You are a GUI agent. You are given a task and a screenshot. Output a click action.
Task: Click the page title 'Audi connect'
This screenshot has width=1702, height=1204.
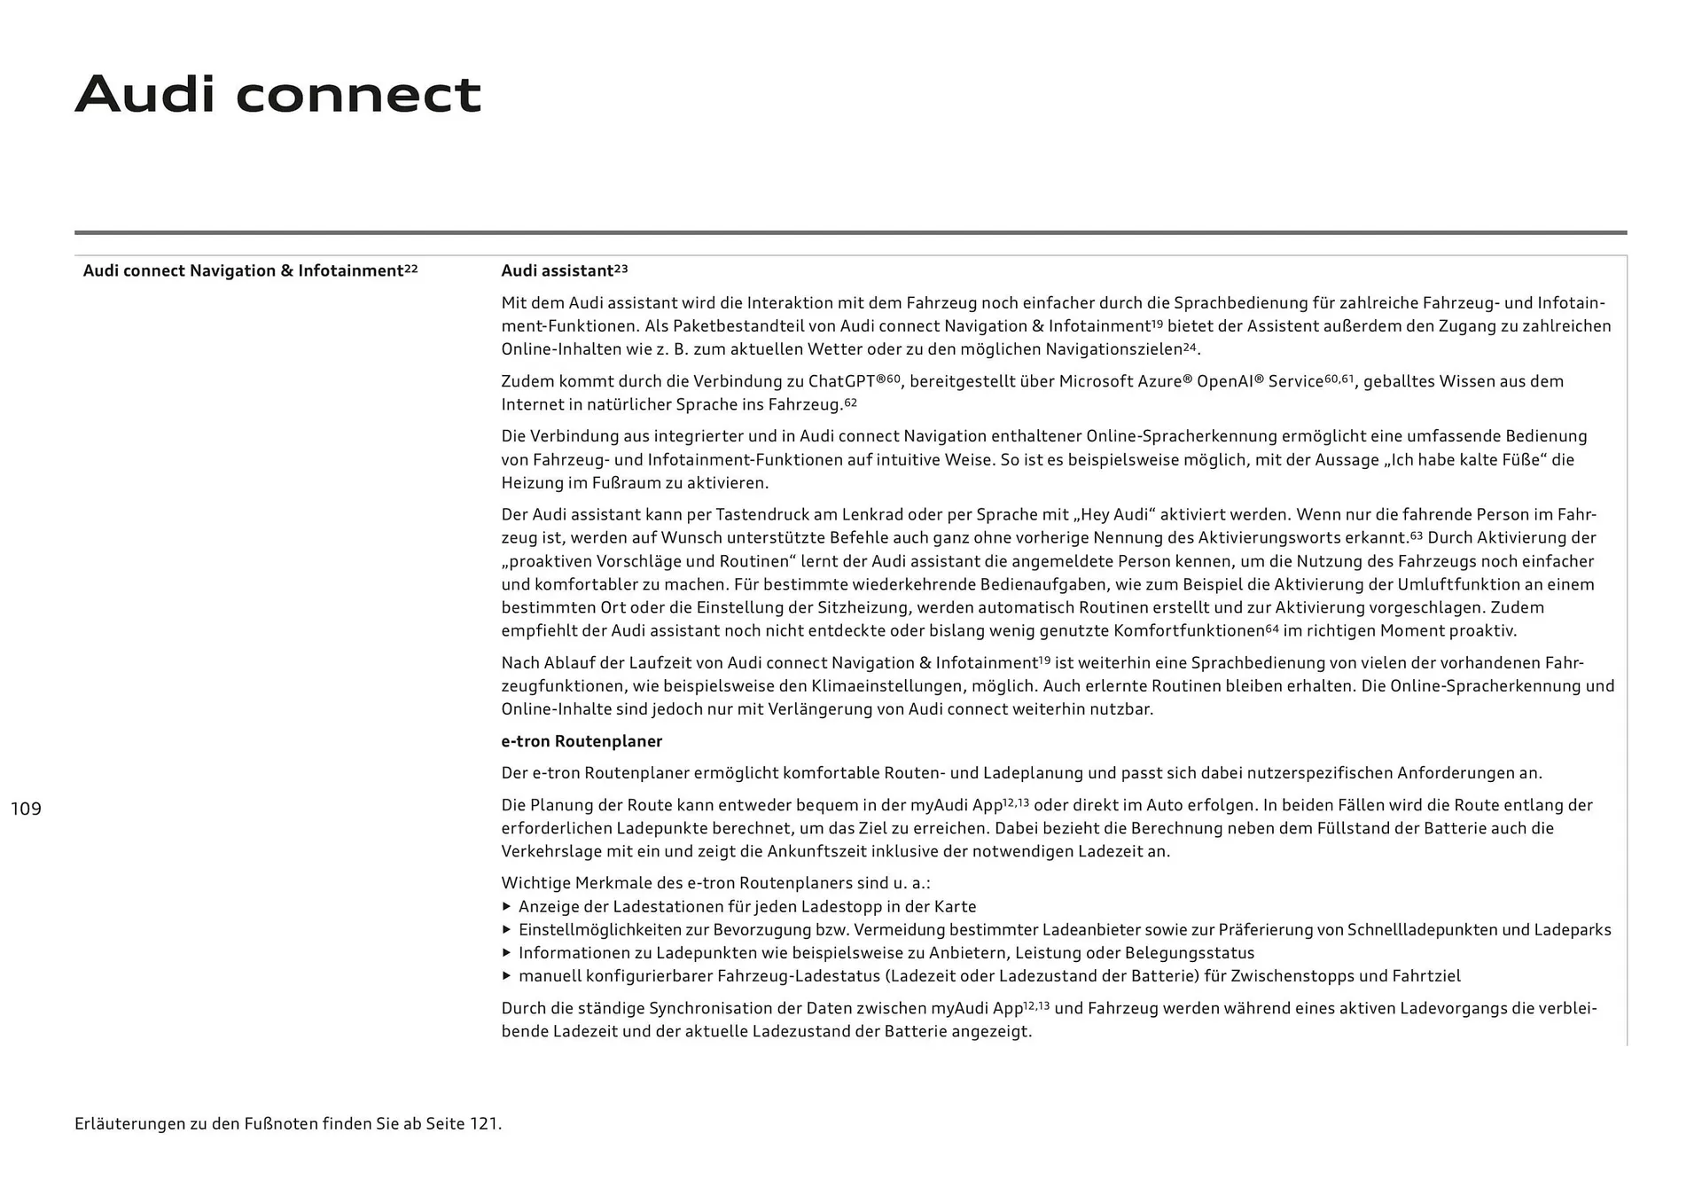click(277, 94)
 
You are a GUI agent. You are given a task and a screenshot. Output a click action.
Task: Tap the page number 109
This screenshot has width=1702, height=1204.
click(26, 809)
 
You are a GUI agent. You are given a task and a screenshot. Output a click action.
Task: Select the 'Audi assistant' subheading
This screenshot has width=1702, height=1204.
click(558, 271)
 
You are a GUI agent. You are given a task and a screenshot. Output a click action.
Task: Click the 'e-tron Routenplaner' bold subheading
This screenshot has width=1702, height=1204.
click(582, 741)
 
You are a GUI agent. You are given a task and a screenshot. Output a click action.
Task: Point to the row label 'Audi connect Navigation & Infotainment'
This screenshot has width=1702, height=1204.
click(243, 271)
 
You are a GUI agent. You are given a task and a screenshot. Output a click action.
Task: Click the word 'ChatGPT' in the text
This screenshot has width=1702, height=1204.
click(841, 382)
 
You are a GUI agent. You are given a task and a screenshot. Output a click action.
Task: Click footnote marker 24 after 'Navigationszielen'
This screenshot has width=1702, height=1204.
click(1190, 348)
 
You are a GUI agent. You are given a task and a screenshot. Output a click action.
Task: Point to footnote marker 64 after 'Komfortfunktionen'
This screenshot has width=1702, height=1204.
click(1272, 629)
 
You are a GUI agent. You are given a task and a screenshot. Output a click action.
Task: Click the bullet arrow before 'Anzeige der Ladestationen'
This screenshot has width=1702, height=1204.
click(507, 907)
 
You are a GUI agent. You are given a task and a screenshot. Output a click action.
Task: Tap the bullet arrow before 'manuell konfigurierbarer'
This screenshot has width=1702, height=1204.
click(507, 976)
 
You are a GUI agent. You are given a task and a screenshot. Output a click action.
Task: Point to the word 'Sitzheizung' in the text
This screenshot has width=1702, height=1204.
click(869, 608)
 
